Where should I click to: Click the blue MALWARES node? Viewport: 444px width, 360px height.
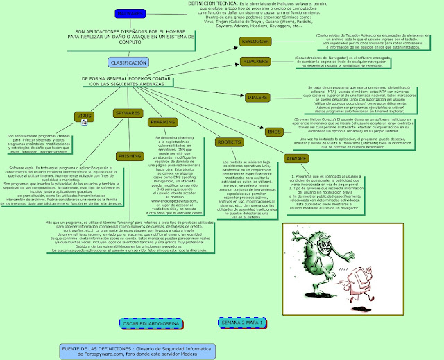(111, 14)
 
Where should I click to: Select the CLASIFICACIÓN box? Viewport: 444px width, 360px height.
(128, 62)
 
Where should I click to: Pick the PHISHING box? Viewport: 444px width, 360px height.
(130, 157)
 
